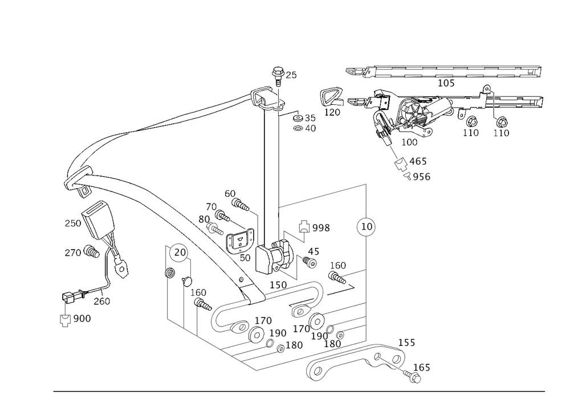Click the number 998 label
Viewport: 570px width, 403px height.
pyautogui.click(x=321, y=228)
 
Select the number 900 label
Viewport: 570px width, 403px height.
pyautogui.click(x=82, y=319)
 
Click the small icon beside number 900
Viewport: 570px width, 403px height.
pyautogui.click(x=65, y=319)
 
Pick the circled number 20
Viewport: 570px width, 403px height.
pyautogui.click(x=178, y=253)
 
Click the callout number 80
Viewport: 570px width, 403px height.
pyautogui.click(x=204, y=218)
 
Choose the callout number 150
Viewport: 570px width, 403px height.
pyautogui.click(x=279, y=284)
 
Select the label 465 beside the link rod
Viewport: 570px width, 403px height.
pyautogui.click(x=419, y=162)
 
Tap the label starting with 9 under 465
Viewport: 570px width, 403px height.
pyautogui.click(x=421, y=177)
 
